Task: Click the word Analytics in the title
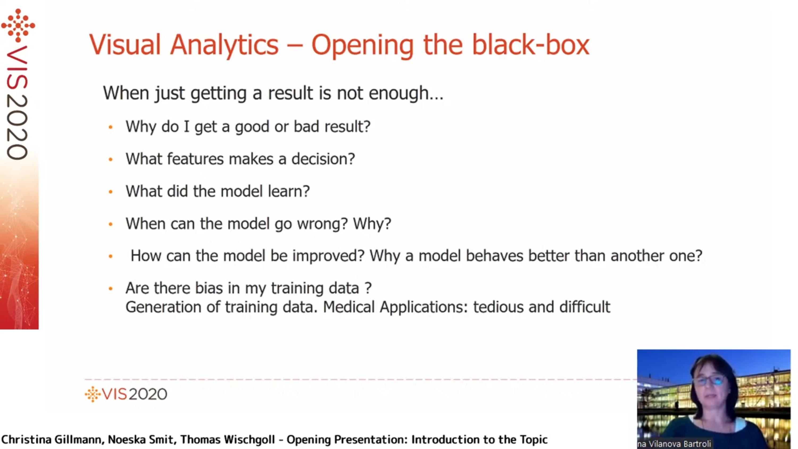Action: [x=224, y=45]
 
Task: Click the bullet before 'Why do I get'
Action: [x=111, y=127]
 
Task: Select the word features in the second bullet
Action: [x=195, y=159]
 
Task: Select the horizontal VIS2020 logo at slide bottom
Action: [x=126, y=394]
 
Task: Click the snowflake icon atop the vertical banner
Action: [x=18, y=25]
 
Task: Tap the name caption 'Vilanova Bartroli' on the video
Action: [x=680, y=444]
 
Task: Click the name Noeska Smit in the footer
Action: [x=141, y=439]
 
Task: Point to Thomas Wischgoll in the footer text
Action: [x=227, y=439]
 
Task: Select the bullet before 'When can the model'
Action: [x=111, y=224]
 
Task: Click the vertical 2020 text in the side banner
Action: [x=17, y=127]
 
